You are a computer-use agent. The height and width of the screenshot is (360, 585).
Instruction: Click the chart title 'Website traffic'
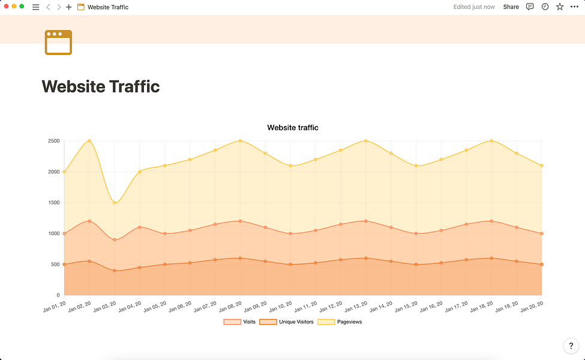point(292,128)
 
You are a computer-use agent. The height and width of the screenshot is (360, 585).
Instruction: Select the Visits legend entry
point(239,322)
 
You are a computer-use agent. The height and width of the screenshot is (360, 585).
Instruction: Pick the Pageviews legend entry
point(340,322)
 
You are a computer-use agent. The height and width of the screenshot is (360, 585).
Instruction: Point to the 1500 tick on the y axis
point(53,203)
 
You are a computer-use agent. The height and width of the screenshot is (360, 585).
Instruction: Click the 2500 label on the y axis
point(53,141)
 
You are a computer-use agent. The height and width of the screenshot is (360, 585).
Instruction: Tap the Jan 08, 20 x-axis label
point(231,307)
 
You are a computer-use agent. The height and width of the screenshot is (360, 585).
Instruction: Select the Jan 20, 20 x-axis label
point(532,307)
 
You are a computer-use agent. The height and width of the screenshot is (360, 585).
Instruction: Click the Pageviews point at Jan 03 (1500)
point(115,203)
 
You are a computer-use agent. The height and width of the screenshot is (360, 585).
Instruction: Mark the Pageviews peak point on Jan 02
point(89,141)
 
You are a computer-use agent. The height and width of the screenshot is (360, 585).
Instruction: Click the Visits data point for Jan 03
point(115,240)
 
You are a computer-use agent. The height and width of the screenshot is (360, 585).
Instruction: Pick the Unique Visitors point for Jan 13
point(365,258)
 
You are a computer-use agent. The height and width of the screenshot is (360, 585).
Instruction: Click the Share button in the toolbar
point(511,7)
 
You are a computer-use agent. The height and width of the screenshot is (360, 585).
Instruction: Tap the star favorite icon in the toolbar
point(560,7)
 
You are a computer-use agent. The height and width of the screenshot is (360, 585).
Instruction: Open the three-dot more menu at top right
point(575,7)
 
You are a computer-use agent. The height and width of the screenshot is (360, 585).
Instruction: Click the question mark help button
point(571,346)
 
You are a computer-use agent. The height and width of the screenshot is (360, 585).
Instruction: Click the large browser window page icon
point(58,43)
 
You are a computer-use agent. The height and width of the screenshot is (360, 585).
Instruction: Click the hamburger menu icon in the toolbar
point(35,7)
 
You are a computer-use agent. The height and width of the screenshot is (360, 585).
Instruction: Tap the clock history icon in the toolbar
point(545,7)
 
